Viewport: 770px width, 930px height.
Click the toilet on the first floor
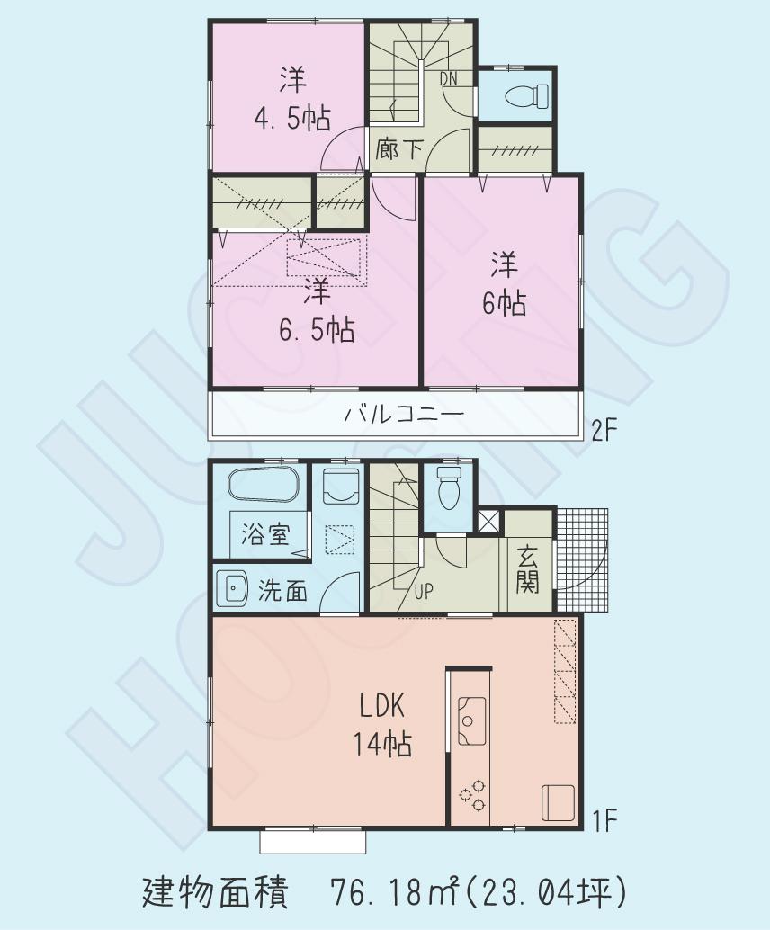click(447, 486)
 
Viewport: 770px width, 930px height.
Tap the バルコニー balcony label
click(404, 416)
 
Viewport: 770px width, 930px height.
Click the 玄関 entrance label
click(527, 570)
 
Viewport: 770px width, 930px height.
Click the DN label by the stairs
click(448, 78)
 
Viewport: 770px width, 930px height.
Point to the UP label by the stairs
click(425, 591)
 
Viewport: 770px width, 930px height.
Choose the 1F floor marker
click(602, 820)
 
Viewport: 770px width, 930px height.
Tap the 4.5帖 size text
click(291, 117)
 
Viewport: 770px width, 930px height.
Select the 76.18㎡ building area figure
click(397, 892)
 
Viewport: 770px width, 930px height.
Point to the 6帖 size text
click(504, 304)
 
